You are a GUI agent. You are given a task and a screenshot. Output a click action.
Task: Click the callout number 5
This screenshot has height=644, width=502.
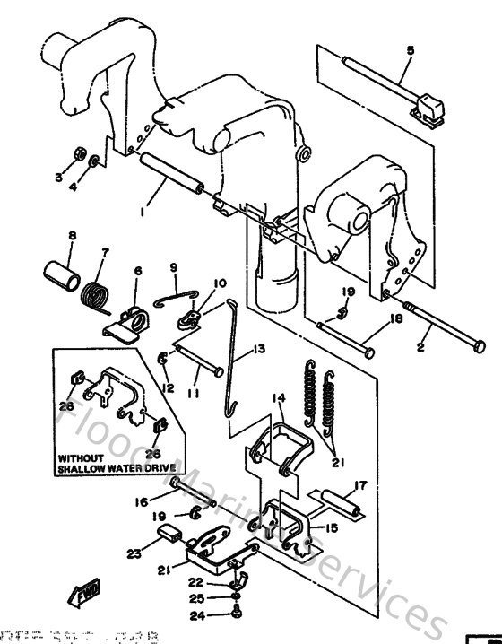[x=410, y=50]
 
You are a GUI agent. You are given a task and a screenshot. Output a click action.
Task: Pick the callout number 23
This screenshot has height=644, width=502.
[x=134, y=553]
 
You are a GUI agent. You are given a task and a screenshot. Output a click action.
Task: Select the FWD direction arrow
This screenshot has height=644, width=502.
[x=80, y=594]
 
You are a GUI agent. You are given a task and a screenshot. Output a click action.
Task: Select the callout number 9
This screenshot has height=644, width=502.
[x=173, y=266]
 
